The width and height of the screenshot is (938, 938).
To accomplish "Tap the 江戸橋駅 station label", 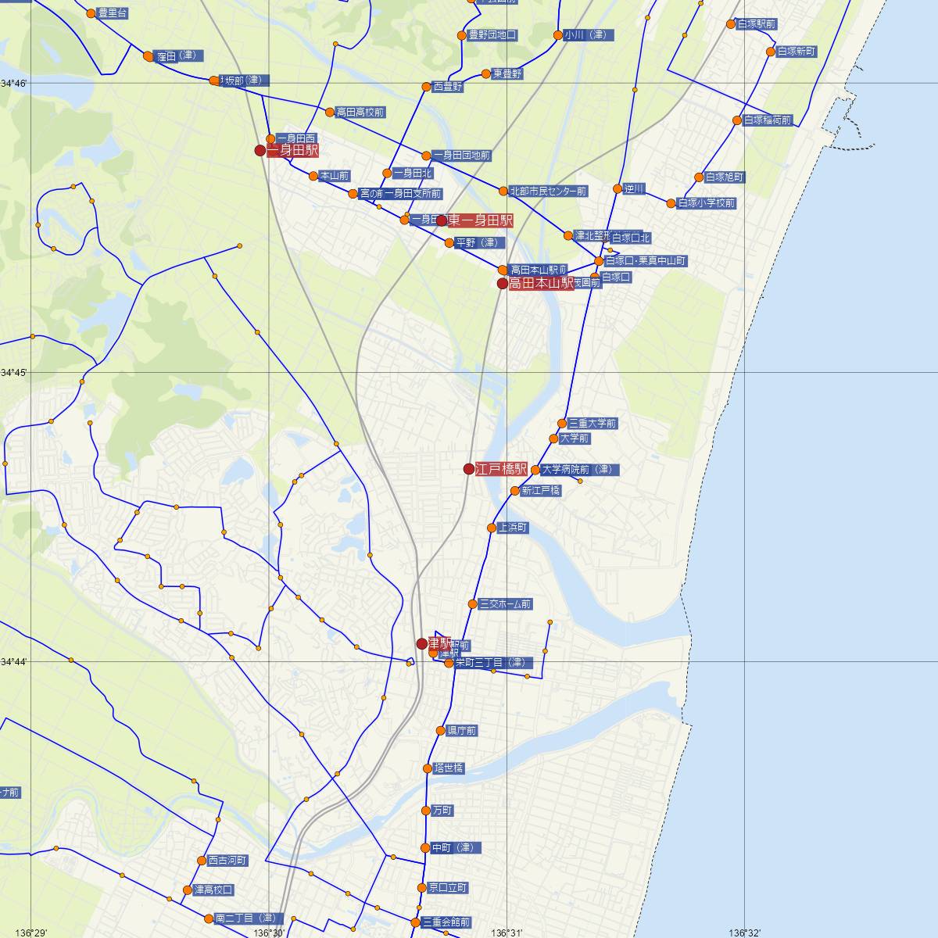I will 501,469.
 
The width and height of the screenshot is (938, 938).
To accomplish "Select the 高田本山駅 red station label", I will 541,284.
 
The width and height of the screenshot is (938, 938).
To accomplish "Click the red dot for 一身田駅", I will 260,150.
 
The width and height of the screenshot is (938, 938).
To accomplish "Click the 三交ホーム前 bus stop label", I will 505,604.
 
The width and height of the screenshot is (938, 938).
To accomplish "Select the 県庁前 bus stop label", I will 461,731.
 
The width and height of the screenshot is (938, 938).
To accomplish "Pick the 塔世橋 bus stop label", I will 449,768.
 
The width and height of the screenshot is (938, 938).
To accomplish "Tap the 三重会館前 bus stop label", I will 446,922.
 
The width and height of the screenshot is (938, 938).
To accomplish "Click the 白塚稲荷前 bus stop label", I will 768,120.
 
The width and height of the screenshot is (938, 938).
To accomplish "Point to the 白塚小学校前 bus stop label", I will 707,203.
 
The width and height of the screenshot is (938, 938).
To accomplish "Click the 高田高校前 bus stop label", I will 360,113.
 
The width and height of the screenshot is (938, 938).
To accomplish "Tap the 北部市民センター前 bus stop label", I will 548,192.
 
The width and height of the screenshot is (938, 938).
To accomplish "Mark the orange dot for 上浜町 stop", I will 492,528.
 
